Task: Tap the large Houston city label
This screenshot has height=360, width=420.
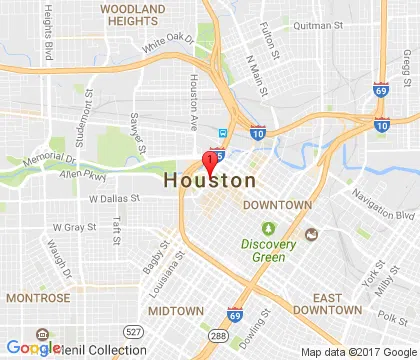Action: (x=208, y=181)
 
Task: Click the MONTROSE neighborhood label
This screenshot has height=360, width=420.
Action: (x=37, y=298)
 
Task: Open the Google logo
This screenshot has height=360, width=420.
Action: (x=33, y=348)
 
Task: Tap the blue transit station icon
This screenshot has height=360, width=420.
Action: (x=223, y=133)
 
